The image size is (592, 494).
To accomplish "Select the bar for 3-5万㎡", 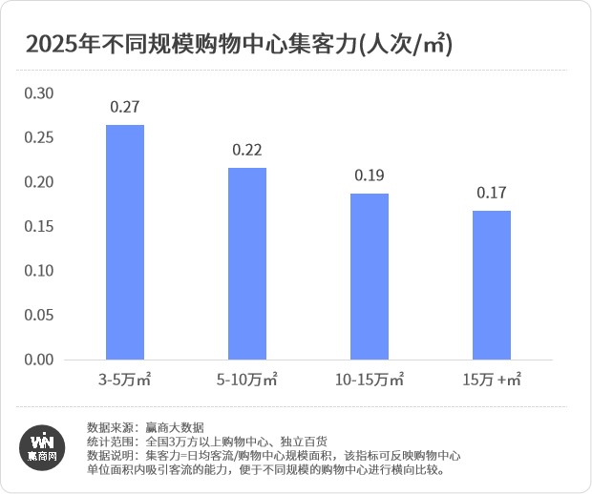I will tap(125, 242).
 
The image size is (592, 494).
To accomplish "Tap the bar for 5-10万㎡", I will tap(247, 264).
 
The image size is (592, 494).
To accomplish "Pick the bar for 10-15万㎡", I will tap(370, 277).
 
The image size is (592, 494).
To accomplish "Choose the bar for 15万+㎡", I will tap(492, 285).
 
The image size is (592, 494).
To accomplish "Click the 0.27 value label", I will tap(125, 107).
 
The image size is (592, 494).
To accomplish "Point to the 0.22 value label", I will tap(247, 151).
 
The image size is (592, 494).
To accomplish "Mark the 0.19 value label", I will tap(370, 175).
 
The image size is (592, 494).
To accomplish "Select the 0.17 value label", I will tap(492, 193).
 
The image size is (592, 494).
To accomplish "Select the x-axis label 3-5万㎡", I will tap(125, 380).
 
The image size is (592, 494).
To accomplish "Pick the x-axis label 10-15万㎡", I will tap(370, 380).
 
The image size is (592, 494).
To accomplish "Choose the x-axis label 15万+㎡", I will tap(492, 380).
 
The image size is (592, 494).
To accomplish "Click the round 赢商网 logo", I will tap(41, 446).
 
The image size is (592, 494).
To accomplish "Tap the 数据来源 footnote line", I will tap(145, 427).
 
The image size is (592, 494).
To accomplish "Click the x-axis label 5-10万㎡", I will tap(247, 380).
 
